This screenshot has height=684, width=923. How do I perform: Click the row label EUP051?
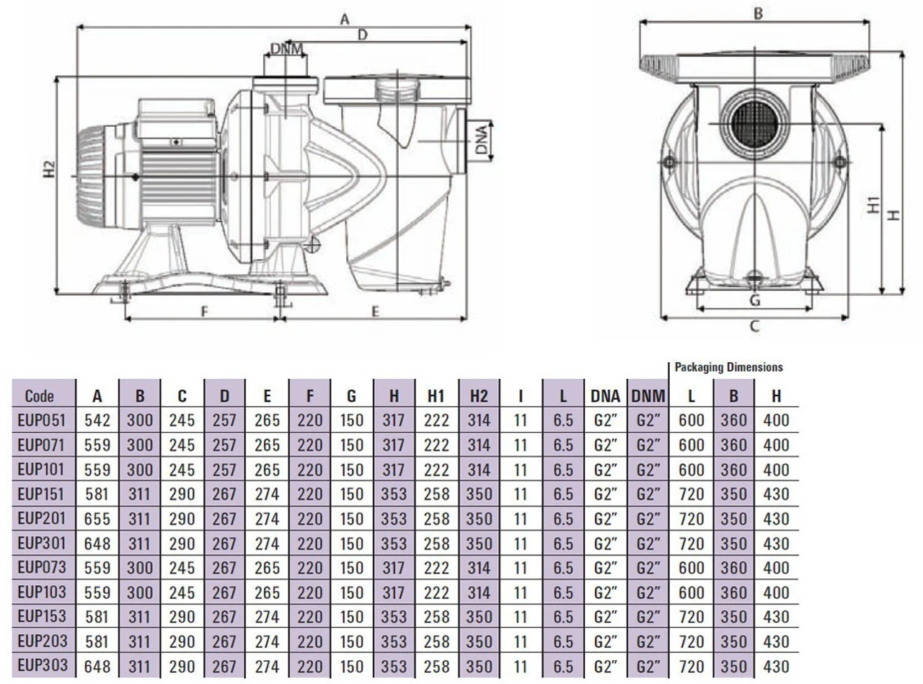44,420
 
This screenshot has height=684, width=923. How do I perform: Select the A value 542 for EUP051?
97,420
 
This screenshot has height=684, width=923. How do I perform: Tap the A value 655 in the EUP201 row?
97,519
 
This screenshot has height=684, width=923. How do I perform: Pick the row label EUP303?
44,666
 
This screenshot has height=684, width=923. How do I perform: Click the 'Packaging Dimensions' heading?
728,367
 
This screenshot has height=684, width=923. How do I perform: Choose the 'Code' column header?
44,395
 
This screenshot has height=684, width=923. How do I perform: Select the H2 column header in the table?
479,395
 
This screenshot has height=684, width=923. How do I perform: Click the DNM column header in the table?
648,395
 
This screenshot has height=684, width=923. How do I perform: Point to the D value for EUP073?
225,568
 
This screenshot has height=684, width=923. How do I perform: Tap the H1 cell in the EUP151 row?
436,494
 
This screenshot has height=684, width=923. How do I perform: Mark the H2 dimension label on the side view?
49,169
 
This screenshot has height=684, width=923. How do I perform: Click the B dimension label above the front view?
758,12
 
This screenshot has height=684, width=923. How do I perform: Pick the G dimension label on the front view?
754,300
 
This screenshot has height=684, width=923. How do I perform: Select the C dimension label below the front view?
754,326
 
